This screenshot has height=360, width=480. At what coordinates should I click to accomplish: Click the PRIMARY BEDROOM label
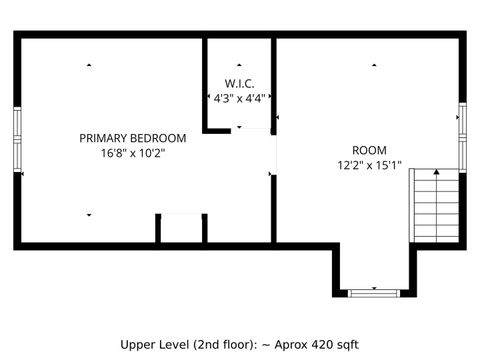point(133,138)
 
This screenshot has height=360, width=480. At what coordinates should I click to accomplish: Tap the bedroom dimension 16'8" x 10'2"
point(133,153)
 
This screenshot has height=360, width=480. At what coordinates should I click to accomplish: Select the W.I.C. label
point(240,83)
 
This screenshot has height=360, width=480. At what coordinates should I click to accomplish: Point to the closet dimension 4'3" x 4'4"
point(240,98)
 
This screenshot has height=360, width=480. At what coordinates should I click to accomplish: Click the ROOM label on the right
point(369,151)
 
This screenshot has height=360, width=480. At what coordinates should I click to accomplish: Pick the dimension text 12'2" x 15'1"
point(369,166)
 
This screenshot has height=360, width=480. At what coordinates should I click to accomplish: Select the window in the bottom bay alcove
point(375,292)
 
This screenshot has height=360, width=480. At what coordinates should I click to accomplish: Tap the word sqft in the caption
point(343,344)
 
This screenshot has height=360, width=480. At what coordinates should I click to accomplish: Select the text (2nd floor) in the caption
point(226,344)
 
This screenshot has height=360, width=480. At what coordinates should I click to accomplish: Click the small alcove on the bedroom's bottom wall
point(181,227)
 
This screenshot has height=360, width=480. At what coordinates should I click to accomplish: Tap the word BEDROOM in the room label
point(159,138)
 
